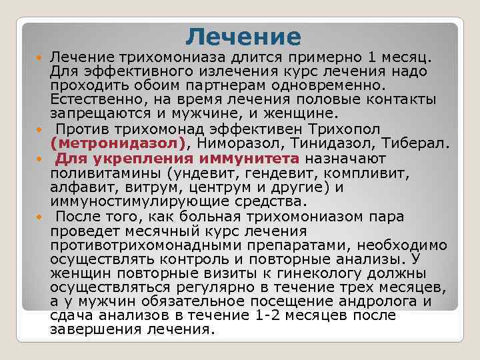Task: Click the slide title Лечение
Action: tap(243, 37)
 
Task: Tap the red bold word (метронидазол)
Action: tap(118, 143)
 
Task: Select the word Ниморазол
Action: tap(238, 143)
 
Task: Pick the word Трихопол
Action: tap(344, 129)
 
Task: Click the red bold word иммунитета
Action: tap(249, 159)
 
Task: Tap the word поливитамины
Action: tap(105, 173)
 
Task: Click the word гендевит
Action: tap(279, 173)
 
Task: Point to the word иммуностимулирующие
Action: tap(139, 202)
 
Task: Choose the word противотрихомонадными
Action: tap(146, 245)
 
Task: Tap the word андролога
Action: tap(378, 301)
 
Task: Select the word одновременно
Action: tap(328, 85)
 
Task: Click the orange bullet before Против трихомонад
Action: tap(39, 130)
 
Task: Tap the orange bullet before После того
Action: tap(39, 217)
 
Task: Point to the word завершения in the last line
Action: tap(96, 330)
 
